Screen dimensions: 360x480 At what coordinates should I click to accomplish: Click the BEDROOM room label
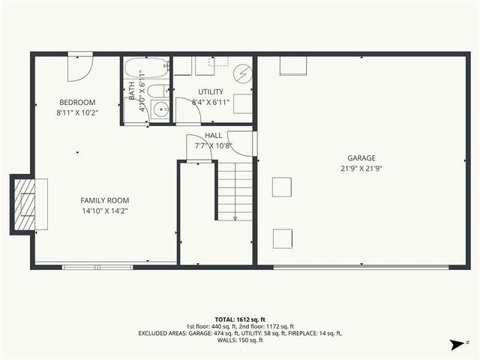tap(77, 102)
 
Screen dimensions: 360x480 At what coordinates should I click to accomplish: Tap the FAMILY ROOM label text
tap(105, 200)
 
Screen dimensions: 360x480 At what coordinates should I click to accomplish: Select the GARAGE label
tap(361, 158)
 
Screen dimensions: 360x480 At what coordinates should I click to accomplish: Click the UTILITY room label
tap(211, 91)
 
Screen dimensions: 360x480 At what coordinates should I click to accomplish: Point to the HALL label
tap(213, 135)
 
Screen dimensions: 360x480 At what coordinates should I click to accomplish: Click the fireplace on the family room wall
tap(27, 203)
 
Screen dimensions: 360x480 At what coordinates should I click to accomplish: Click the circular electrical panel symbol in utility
tap(242, 73)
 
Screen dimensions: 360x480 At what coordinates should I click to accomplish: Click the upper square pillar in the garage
tap(282, 186)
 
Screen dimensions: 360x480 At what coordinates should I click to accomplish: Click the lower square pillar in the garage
tap(282, 238)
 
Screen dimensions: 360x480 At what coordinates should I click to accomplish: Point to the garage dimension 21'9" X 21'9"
tap(361, 169)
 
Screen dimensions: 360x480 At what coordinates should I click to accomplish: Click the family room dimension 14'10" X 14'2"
tap(105, 211)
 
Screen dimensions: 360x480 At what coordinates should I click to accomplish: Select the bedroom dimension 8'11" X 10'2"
tap(77, 112)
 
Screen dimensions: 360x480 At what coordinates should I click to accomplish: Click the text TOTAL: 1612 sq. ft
tap(239, 319)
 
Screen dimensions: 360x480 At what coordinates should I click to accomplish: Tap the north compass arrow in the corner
tap(455, 345)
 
